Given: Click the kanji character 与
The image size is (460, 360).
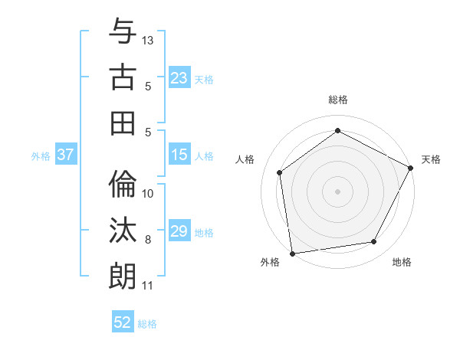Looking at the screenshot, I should coord(123,33).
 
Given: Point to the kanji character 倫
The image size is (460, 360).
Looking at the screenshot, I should coord(123,185).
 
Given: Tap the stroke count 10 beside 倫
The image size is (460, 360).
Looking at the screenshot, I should coord(148,194).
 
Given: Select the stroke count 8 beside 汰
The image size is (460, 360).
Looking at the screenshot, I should coord(148,240).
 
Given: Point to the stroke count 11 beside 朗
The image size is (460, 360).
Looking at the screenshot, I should coord(148,286).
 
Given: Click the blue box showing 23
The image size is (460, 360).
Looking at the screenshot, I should coord(179,78).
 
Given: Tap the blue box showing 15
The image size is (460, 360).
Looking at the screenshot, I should coord(179,155).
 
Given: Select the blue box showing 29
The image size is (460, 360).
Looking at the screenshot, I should coord(179,231).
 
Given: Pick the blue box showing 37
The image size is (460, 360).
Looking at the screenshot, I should coord(66,155).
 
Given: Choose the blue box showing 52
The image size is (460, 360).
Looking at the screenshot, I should coord(123,322).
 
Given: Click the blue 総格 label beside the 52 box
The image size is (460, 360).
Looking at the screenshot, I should coord(147,324).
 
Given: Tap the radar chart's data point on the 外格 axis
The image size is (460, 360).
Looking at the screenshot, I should coord(292,253).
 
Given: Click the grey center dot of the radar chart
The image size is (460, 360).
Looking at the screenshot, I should coord(337,191).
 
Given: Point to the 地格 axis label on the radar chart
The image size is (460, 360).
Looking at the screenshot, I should coord(402,263).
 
